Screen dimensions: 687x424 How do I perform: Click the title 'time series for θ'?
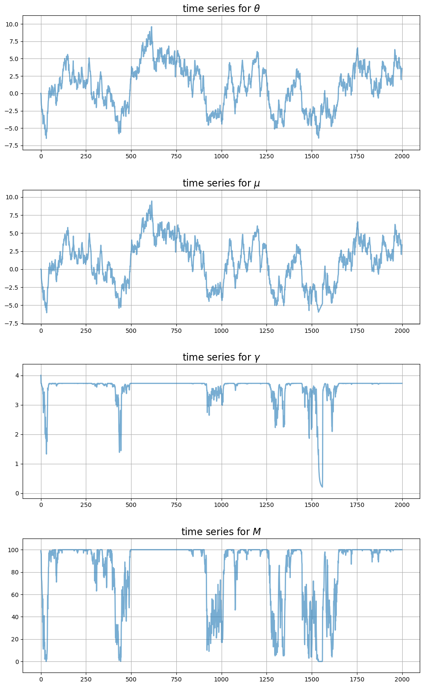[x=221, y=9]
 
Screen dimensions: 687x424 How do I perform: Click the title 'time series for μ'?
[x=221, y=183]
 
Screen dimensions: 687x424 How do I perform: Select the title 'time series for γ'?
[x=221, y=357]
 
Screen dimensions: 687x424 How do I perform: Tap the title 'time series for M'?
[x=221, y=532]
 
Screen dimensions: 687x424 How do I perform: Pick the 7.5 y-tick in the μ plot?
[x=13, y=215]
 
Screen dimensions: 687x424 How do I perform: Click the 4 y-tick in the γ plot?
[x=17, y=376]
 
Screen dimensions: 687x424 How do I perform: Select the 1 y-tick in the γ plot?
[x=17, y=464]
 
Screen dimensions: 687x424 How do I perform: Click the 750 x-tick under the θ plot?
[x=176, y=156]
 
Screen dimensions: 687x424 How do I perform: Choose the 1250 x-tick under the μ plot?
[x=266, y=330]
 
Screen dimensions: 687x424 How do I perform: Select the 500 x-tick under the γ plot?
[x=131, y=505]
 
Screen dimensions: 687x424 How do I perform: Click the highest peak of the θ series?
[x=151, y=27]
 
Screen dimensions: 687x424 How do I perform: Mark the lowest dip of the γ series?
[x=322, y=487]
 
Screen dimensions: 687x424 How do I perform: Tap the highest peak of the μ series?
[x=151, y=201]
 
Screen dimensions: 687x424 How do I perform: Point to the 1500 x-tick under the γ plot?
[x=312, y=505]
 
